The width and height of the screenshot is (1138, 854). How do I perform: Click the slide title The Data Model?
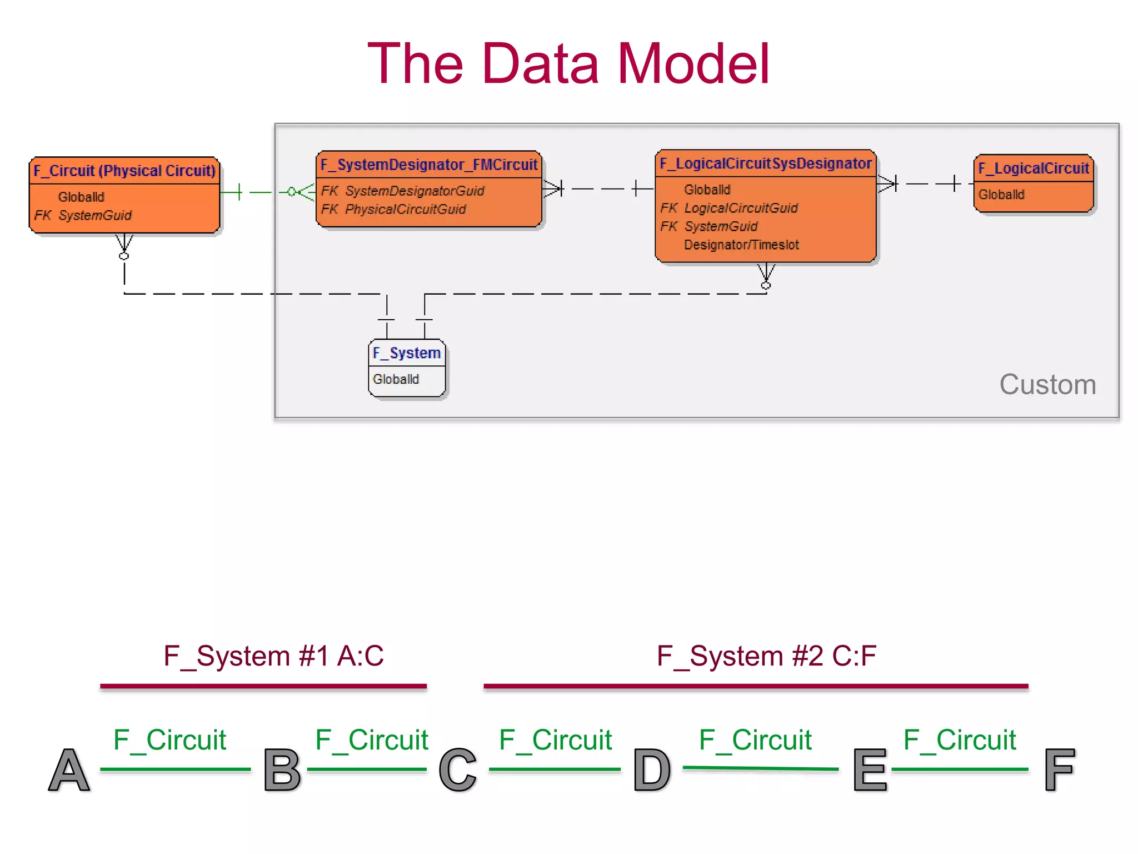coord(568,64)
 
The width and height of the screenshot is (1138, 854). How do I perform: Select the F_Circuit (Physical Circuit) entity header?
coord(124,171)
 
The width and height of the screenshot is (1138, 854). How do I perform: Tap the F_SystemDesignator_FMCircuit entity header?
coord(428,165)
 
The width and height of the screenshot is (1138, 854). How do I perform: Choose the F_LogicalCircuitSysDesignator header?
coord(765,163)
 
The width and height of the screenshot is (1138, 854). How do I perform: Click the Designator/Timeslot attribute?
coord(741,245)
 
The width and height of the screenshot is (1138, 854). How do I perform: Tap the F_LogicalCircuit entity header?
coord(1033,168)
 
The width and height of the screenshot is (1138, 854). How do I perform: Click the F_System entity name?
coord(406,353)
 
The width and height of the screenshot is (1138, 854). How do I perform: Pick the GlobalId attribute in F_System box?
coord(396,379)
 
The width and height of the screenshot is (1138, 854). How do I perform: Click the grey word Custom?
coord(1047,385)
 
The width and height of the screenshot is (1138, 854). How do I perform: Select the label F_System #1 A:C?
coord(273,656)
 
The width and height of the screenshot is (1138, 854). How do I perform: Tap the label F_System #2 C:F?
coord(766,656)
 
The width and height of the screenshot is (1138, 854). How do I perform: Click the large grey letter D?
coord(652,770)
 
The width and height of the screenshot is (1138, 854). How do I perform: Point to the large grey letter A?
coord(69,770)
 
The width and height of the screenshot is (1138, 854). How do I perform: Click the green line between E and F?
coord(960,769)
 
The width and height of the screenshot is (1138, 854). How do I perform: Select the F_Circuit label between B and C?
coord(371,740)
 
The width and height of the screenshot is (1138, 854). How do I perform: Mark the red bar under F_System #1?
coord(263,687)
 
